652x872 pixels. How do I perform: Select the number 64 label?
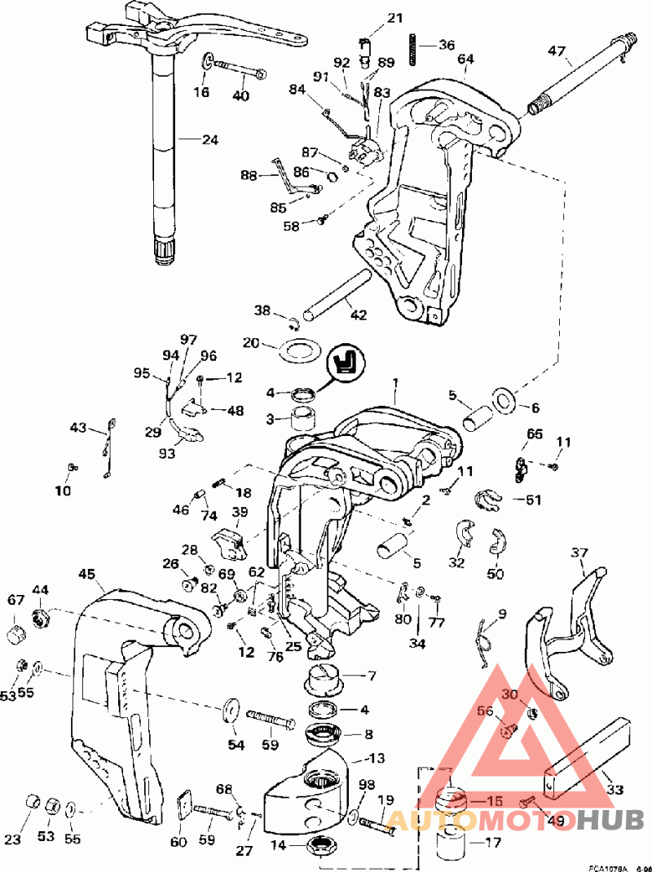(x=465, y=59)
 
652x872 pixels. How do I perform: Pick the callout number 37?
(x=579, y=553)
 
